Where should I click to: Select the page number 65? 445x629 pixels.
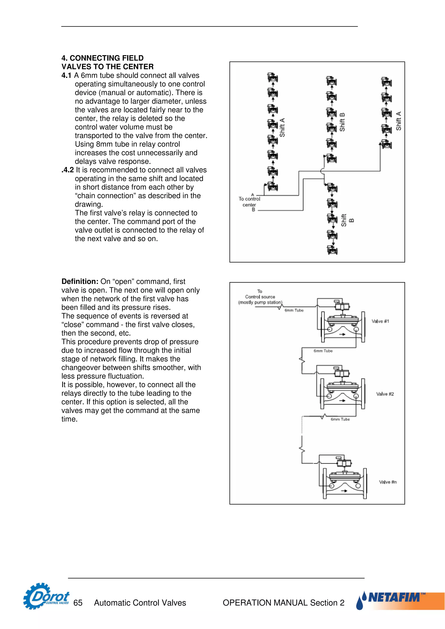pyautogui.click(x=78, y=603)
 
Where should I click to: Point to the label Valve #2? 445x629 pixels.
pyautogui.click(x=385, y=394)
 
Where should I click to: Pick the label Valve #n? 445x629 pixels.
pyautogui.click(x=387, y=482)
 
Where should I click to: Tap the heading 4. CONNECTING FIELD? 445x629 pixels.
pyautogui.click(x=103, y=58)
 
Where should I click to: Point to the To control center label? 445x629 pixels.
pyautogui.click(x=249, y=202)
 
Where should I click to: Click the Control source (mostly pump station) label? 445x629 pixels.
pyautogui.click(x=260, y=300)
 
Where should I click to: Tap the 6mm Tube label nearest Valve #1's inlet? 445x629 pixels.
pyautogui.click(x=294, y=310)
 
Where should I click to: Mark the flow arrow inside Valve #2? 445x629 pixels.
pyautogui.click(x=342, y=400)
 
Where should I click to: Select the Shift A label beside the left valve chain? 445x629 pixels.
pyautogui.click(x=282, y=127)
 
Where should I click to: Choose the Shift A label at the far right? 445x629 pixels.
pyautogui.click(x=398, y=121)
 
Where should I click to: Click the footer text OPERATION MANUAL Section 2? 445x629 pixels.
pyautogui.click(x=283, y=603)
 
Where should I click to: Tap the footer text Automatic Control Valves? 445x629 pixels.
pyautogui.click(x=140, y=603)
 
